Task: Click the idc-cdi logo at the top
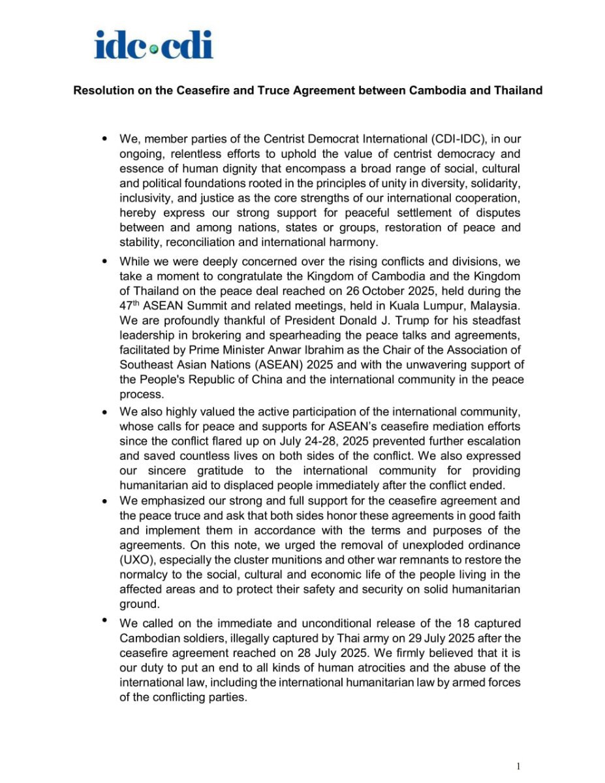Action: (x=153, y=44)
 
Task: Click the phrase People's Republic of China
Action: (x=193, y=380)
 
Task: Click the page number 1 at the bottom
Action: (x=518, y=767)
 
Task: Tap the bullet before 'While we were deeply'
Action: (x=105, y=261)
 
